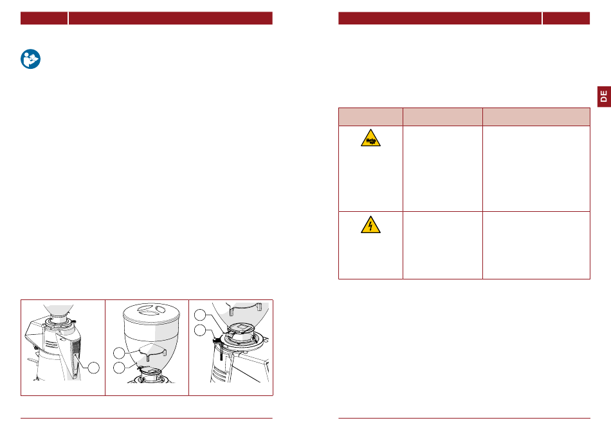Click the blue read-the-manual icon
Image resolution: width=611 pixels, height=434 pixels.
30,59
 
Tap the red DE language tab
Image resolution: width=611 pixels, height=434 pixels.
604,97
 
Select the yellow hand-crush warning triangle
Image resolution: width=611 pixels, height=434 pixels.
370,138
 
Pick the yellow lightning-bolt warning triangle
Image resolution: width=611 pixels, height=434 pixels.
370,225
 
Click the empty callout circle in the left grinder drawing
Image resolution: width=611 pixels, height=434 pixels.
93,368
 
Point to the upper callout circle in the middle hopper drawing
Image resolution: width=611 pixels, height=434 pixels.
119,354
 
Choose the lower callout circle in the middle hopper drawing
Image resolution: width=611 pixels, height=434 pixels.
119,367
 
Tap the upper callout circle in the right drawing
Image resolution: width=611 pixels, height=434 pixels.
200,315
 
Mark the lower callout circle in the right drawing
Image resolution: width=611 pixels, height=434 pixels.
200,330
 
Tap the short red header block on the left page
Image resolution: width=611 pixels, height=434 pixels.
44,18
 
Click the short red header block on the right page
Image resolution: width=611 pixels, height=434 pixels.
566,18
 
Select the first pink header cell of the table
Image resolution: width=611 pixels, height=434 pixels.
370,117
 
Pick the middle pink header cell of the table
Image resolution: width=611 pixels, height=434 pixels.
442,117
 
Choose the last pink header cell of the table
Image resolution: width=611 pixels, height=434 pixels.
536,117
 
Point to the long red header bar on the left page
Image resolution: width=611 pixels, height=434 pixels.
170,18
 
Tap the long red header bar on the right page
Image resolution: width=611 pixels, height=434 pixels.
440,18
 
